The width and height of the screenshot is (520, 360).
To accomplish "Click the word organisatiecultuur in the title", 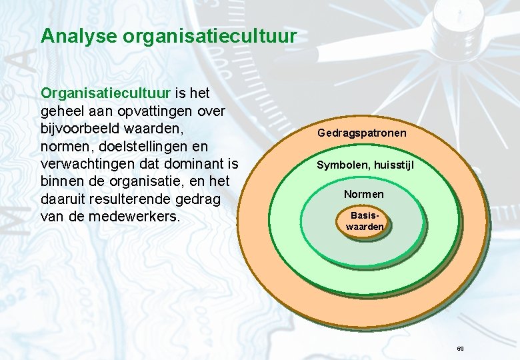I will click(x=209, y=37).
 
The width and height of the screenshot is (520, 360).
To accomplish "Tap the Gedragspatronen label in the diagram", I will click(x=362, y=133).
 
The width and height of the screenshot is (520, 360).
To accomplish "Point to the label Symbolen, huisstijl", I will click(x=365, y=164).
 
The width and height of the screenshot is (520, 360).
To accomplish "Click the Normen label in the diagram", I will click(x=364, y=194).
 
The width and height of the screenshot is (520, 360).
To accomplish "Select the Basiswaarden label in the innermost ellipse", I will click(x=365, y=221).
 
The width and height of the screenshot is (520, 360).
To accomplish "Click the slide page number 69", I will click(x=460, y=349).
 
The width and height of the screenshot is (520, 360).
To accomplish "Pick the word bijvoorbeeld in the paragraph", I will click(x=87, y=127).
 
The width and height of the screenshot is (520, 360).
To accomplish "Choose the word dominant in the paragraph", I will click(x=196, y=163).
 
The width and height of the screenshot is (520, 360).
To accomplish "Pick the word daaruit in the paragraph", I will click(x=67, y=199).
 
